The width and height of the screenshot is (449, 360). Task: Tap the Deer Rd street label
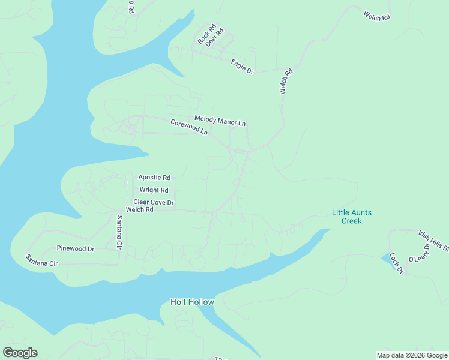[214, 37]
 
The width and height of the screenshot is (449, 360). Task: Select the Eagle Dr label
[243, 67]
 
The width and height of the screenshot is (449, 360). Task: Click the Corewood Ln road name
[189, 127]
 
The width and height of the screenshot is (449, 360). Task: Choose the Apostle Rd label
[154, 178]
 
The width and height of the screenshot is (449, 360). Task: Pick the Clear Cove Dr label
[154, 202]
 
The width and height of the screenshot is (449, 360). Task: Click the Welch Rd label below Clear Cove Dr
[140, 209]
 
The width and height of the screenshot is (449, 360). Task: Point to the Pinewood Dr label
[76, 248]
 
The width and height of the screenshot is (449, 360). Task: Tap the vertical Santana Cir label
[119, 233]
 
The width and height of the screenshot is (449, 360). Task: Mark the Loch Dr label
[396, 262]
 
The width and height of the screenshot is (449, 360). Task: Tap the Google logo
[20, 353]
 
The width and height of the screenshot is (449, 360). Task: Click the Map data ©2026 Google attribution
[412, 355]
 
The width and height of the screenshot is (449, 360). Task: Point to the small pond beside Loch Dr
[388, 259]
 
